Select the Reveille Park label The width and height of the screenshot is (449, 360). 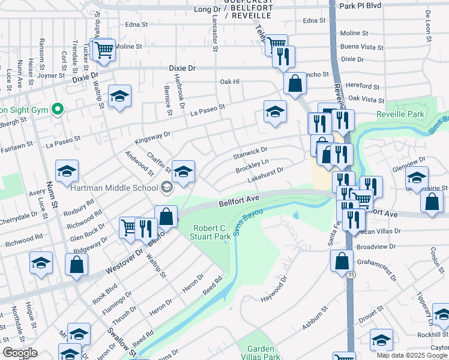pyautogui.click(x=400, y=114)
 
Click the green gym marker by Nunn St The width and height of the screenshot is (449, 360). pyautogui.click(x=58, y=109)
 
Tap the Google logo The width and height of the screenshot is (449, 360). pyautogui.click(x=20, y=353)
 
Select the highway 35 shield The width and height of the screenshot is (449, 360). pyautogui.click(x=350, y=274)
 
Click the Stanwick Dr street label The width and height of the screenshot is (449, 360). pyautogui.click(x=250, y=152)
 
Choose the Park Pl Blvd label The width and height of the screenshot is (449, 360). pyautogui.click(x=360, y=6)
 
